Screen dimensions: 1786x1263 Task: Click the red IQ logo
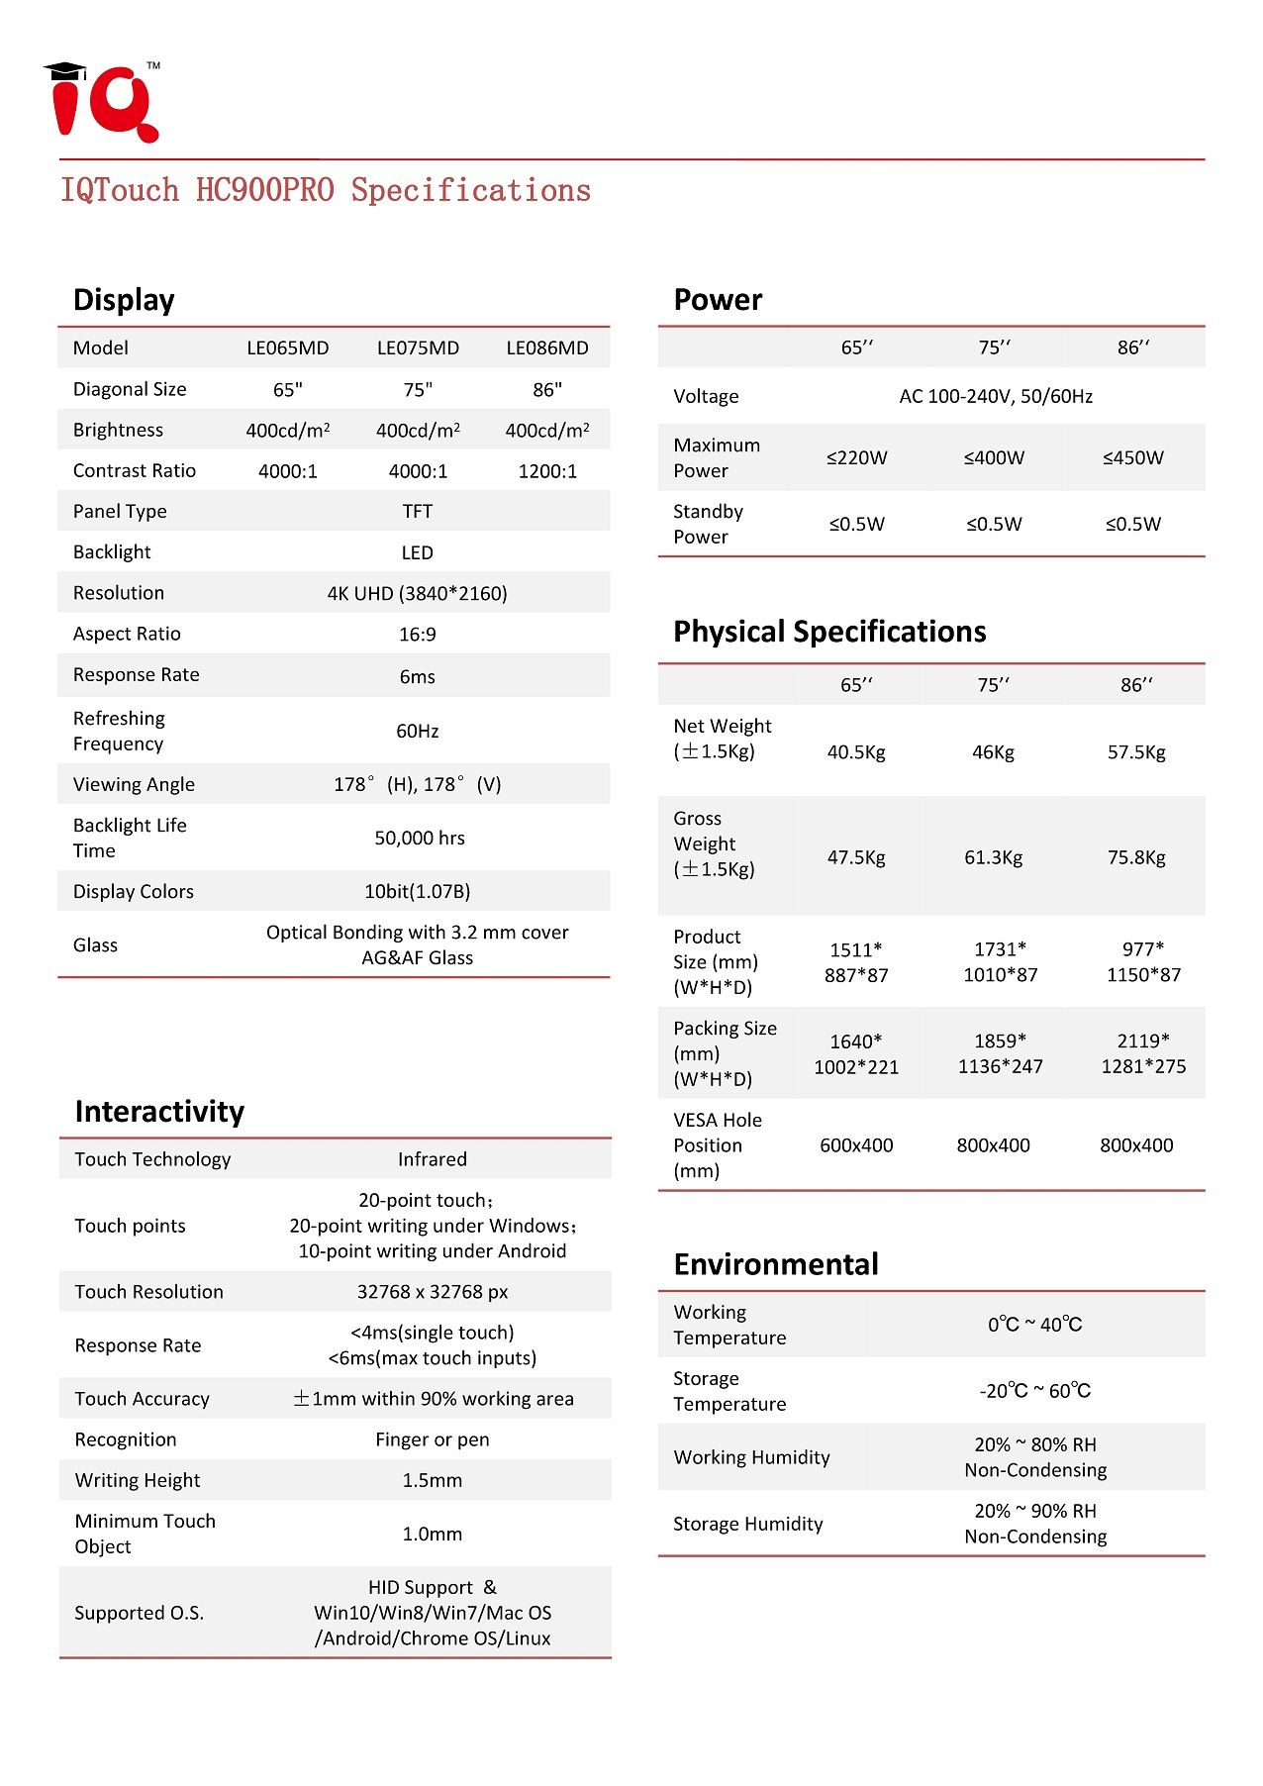click(x=102, y=103)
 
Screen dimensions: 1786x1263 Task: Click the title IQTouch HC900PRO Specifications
click(x=326, y=190)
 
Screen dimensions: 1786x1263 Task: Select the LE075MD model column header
click(x=418, y=347)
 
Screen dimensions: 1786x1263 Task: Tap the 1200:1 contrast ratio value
click(x=547, y=471)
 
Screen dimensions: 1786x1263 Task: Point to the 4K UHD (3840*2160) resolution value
click(x=417, y=593)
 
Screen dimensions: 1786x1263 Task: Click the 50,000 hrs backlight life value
click(x=419, y=838)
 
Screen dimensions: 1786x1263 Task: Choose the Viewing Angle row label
click(x=134, y=784)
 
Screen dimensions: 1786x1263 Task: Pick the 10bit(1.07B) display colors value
click(x=417, y=891)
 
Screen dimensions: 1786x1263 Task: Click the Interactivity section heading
click(x=159, y=1111)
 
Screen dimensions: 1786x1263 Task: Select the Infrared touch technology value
click(x=432, y=1159)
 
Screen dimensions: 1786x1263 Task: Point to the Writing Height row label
click(x=138, y=1480)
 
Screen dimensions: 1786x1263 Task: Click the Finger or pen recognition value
click(x=432, y=1439)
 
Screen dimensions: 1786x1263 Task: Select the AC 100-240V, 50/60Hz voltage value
click(x=995, y=396)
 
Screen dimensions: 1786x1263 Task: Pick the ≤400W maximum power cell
click(x=994, y=457)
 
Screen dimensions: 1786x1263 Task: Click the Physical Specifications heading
click(x=829, y=632)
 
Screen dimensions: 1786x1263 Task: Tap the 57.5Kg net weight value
click(x=1136, y=752)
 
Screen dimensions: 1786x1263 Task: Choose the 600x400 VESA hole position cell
click(x=856, y=1145)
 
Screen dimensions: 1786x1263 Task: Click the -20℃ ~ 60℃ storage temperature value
click(x=1034, y=1391)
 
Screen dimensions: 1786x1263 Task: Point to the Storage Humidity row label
click(x=747, y=1524)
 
